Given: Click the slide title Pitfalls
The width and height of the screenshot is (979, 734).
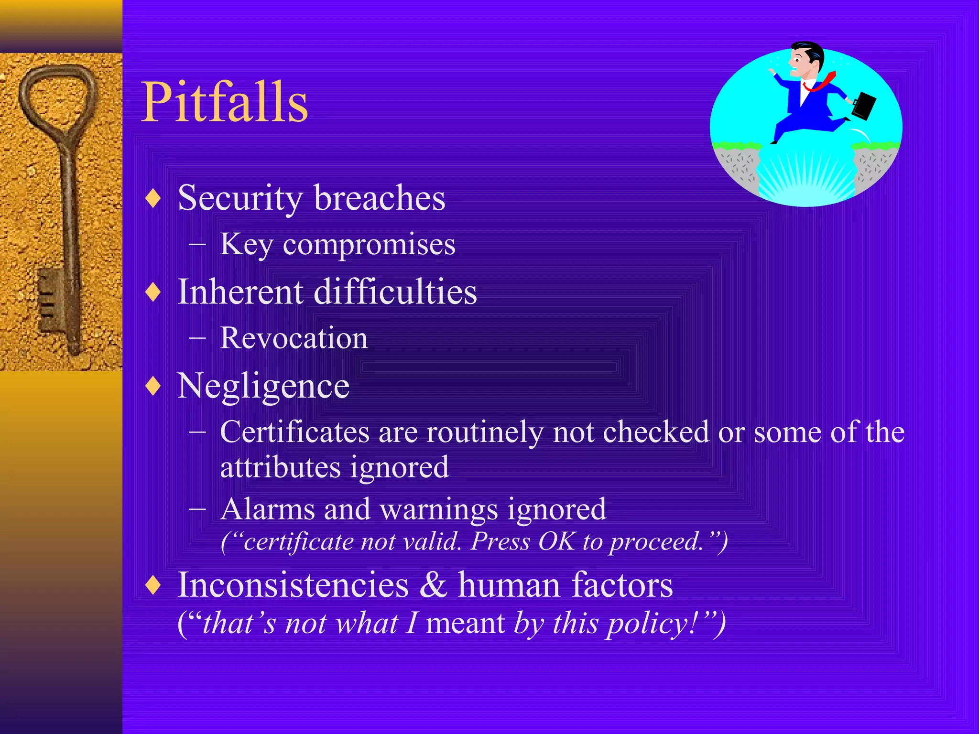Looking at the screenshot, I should tap(225, 101).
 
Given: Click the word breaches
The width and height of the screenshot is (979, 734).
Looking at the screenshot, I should tap(380, 198).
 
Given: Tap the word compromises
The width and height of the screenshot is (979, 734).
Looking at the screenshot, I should tap(369, 245).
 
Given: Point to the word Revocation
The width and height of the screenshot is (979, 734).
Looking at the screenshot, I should tap(294, 338).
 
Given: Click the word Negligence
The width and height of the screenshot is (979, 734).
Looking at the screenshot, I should tap(263, 386).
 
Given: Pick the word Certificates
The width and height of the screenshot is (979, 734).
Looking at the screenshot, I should tap(294, 432).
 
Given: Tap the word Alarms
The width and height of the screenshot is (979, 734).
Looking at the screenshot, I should tap(268, 509).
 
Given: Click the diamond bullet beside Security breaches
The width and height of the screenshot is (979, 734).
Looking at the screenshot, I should tap(153, 198).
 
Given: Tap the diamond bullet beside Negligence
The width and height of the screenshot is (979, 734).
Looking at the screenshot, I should tap(153, 386).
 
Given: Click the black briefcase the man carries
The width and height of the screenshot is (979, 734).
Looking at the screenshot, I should tap(864, 106).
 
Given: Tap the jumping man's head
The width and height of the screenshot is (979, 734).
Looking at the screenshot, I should tap(806, 60).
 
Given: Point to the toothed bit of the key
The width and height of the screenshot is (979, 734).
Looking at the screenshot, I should tap(50, 299).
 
